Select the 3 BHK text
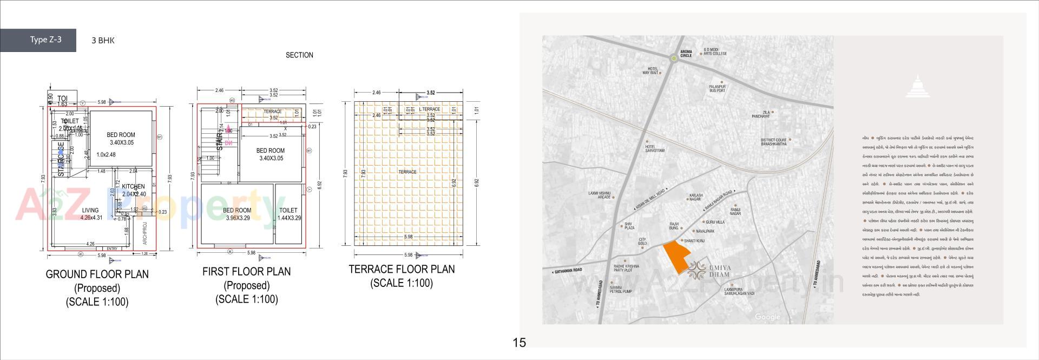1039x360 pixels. click(x=103, y=40)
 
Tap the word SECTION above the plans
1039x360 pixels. click(x=299, y=55)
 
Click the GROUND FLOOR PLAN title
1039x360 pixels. click(x=97, y=274)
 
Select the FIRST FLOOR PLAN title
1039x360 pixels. click(x=246, y=272)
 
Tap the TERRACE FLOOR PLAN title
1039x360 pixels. click(x=402, y=269)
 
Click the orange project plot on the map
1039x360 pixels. click(x=676, y=258)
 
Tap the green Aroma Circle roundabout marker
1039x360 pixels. click(x=673, y=58)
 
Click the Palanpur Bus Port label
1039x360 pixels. click(x=717, y=88)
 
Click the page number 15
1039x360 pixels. click(x=519, y=343)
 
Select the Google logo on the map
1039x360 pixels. click(x=767, y=317)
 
